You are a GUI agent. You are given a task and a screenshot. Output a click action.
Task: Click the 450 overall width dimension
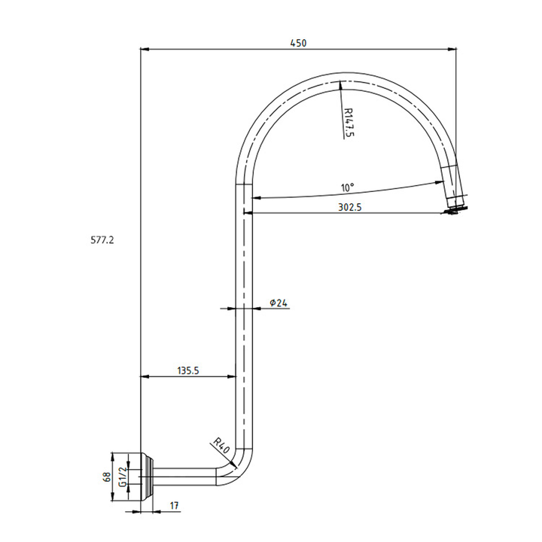click(298, 43)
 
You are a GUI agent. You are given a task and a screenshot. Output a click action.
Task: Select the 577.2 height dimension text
click(102, 240)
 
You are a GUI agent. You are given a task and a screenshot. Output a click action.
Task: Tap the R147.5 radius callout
click(348, 121)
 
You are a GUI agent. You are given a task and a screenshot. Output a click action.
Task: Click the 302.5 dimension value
click(350, 207)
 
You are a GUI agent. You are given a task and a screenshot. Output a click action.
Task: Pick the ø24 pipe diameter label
click(279, 303)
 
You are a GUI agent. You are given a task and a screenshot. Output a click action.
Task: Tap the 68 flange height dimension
click(107, 477)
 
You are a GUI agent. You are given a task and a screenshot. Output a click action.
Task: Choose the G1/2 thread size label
click(121, 477)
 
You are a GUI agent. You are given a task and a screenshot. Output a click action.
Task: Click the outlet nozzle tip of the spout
click(456, 207)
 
